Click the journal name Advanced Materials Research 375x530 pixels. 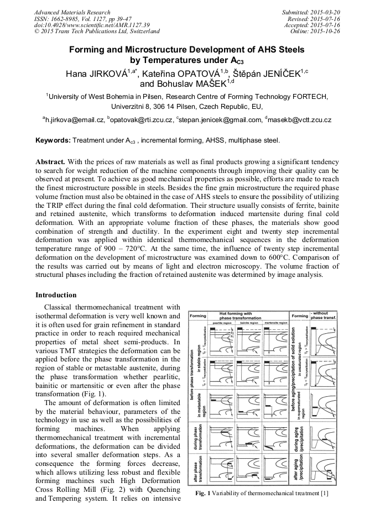point(72,12)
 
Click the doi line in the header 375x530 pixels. point(92,25)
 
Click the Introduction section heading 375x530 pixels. point(56,295)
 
